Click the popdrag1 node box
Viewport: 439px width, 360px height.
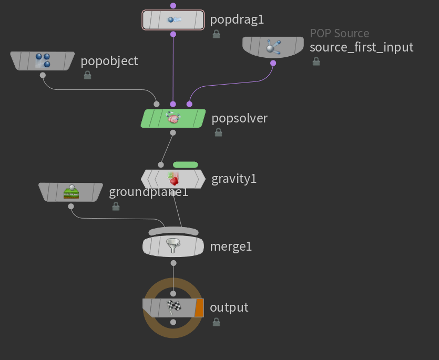coord(173,19)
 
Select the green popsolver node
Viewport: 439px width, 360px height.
coord(173,118)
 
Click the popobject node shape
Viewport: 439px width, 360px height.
coord(43,61)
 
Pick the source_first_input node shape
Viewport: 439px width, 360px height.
coord(273,47)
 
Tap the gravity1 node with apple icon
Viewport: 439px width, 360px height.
coord(173,179)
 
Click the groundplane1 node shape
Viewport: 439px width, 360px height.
coord(70,192)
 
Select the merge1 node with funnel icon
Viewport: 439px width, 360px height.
coord(173,246)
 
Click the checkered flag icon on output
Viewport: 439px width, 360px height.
coord(174,307)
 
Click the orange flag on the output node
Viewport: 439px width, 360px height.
coord(199,308)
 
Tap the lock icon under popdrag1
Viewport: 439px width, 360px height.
coord(216,34)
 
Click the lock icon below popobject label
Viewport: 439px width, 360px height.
coord(88,75)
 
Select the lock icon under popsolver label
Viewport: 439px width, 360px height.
coord(218,132)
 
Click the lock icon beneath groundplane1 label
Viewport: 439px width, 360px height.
coord(116,207)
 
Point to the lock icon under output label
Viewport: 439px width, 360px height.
coord(216,322)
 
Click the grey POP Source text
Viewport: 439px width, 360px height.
coord(339,33)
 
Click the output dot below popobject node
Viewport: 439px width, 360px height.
coord(43,75)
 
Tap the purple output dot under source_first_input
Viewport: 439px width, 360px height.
coord(273,63)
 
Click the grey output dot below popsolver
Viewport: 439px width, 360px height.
coord(173,132)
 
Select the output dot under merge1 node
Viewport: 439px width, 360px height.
coord(173,263)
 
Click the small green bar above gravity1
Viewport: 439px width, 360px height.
coord(186,164)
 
